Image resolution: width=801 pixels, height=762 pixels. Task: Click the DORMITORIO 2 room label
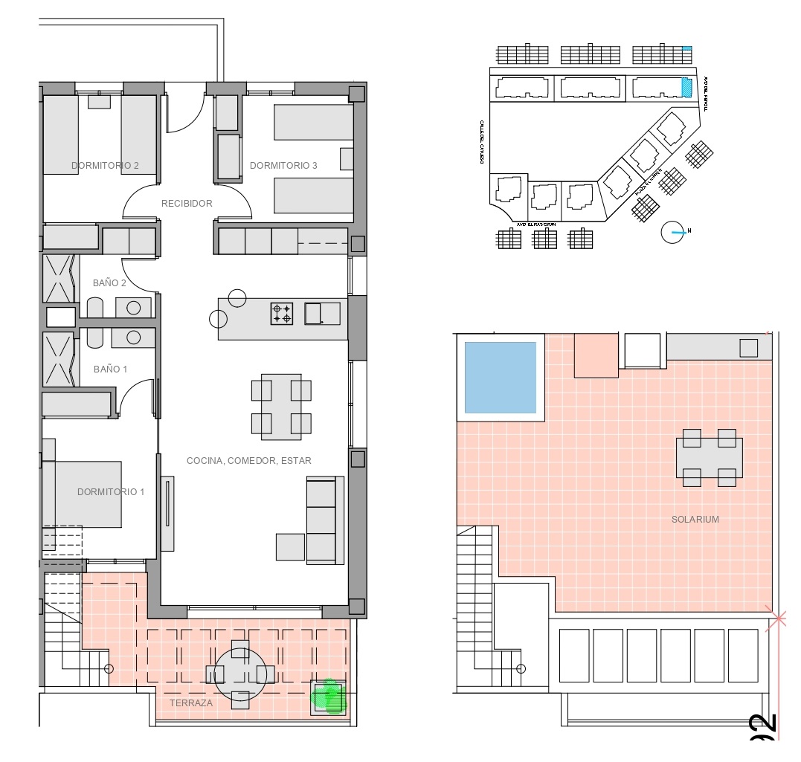click(105, 166)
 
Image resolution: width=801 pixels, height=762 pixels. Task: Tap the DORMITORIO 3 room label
click(283, 166)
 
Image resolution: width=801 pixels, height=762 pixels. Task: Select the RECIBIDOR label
click(187, 204)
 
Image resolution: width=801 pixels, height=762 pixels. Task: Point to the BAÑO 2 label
click(109, 283)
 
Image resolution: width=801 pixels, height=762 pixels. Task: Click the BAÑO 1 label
click(110, 369)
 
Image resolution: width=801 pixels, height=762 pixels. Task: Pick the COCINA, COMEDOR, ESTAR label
click(248, 461)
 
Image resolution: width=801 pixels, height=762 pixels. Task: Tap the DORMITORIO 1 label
click(111, 492)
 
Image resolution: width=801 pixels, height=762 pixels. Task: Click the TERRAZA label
click(190, 703)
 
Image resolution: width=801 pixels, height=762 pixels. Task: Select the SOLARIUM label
click(695, 520)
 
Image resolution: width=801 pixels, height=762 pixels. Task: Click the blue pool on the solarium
click(500, 377)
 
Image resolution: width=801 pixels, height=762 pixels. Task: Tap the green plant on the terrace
click(328, 697)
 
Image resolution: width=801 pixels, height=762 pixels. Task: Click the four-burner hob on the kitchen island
click(282, 314)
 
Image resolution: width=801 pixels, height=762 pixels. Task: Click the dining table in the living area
click(281, 406)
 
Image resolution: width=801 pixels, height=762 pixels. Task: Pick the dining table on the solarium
click(709, 457)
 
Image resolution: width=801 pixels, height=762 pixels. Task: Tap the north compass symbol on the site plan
click(672, 232)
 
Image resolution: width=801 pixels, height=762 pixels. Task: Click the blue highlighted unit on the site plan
click(686, 87)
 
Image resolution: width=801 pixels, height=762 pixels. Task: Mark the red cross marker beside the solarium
click(779, 618)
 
